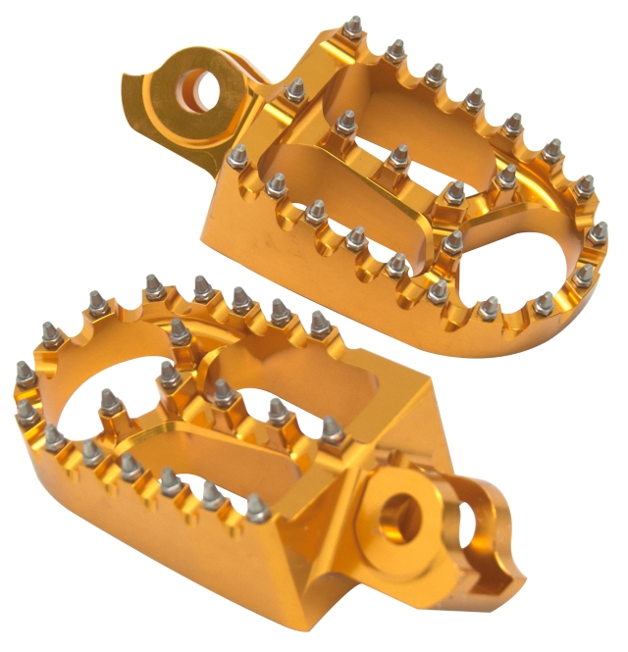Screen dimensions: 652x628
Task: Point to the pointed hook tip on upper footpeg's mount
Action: coord(133,125)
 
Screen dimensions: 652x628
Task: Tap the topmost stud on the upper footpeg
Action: coord(351,25)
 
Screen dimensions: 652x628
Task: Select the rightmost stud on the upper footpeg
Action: coord(598,232)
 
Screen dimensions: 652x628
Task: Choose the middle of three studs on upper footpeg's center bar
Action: coord(397,155)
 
